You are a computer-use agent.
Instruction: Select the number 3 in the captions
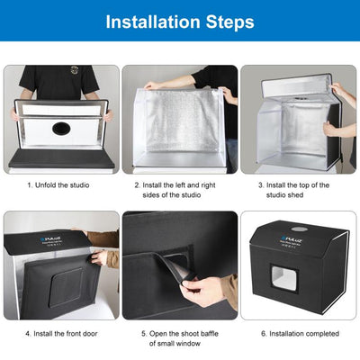(x=260, y=185)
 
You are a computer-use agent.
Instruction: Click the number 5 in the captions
(x=143, y=332)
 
